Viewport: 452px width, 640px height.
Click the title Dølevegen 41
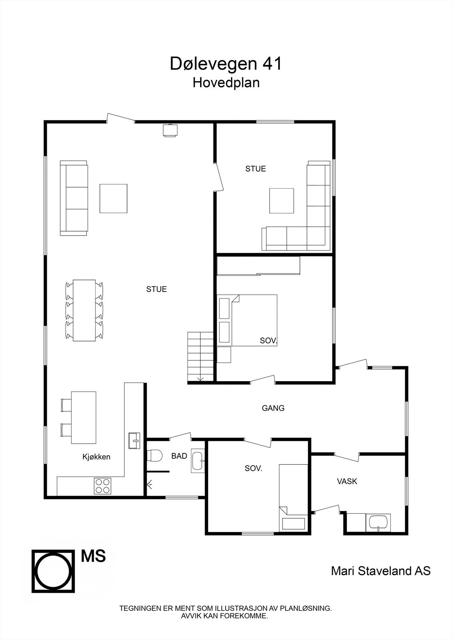pos(226,64)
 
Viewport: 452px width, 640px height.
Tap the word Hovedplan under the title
pos(226,82)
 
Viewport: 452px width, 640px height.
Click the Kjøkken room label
pos(96,457)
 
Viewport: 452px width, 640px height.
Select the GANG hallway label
pos(273,408)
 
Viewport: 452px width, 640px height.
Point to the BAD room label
pos(179,456)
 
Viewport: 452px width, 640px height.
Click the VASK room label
pos(347,481)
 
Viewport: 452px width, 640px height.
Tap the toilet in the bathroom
pos(155,456)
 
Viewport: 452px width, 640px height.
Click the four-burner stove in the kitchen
pos(102,486)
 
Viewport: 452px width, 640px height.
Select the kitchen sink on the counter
pos(134,441)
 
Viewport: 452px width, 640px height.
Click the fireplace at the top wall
pos(170,130)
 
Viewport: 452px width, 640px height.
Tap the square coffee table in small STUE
pos(282,201)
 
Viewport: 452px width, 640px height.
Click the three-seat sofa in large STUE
pos(74,198)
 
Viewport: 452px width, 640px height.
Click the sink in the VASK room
pos(378,523)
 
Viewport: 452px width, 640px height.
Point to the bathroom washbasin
pos(198,461)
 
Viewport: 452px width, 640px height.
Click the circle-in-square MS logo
pos(53,571)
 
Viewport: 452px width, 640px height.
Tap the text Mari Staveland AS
pos(380,571)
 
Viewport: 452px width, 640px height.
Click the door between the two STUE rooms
pos(219,176)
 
